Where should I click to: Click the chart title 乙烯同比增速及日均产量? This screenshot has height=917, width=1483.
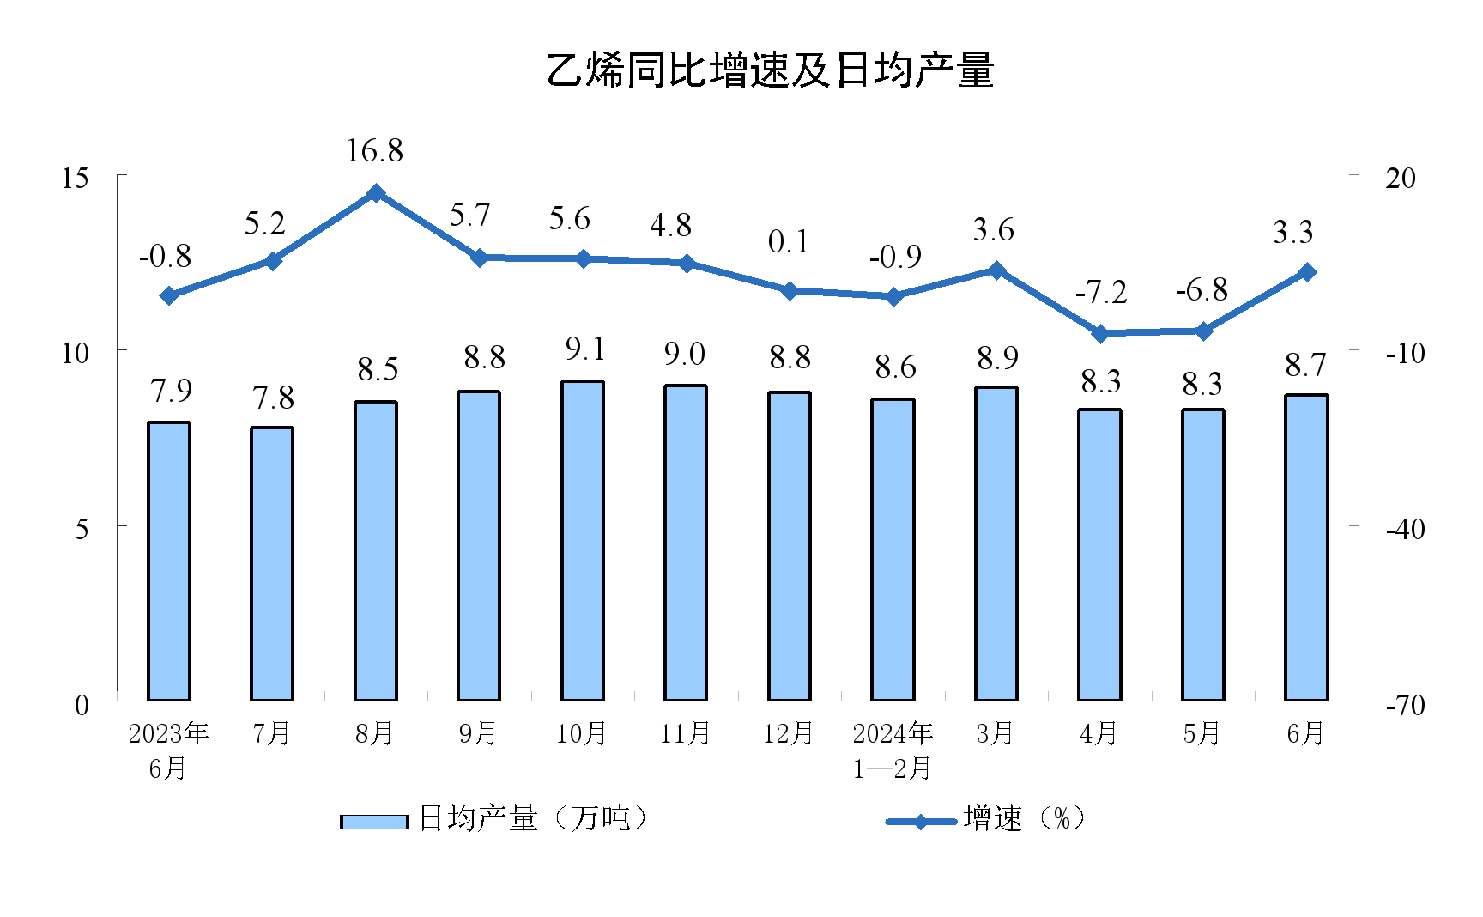(770, 70)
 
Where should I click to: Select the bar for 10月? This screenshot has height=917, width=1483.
(583, 541)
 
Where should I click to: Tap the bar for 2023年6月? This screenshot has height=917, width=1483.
(169, 562)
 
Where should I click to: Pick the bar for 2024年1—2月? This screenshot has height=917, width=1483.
(893, 550)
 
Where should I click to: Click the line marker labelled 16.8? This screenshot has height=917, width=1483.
(376, 193)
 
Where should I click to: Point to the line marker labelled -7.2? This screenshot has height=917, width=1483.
(1100, 333)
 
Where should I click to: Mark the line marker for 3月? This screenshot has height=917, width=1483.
(996, 270)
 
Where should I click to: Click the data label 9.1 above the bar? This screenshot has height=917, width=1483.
(585, 349)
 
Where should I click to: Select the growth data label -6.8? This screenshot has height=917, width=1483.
(1202, 290)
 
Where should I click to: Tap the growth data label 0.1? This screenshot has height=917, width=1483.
(788, 242)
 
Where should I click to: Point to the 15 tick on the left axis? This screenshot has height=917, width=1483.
(76, 178)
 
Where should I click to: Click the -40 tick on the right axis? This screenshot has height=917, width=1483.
(1405, 529)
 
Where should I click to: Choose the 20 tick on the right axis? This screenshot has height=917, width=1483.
(1401, 178)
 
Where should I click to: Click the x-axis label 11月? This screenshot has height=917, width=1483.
(685, 733)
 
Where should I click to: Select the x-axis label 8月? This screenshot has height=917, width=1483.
(374, 733)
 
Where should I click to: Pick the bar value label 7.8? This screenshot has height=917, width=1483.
(273, 398)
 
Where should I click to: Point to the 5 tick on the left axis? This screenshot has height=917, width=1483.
(82, 529)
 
